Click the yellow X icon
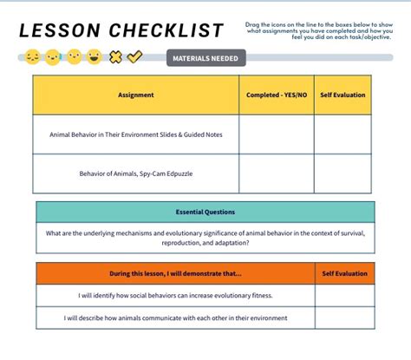click(115, 57)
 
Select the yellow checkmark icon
click(134, 57)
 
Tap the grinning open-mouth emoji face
click(95, 57)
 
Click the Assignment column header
click(136, 95)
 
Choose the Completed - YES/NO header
click(276, 95)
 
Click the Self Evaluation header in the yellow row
click(342, 95)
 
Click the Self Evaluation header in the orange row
click(344, 273)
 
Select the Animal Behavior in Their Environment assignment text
click(136, 134)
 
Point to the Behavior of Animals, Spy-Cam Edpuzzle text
click(136, 173)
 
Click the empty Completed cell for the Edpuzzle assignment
click(276, 173)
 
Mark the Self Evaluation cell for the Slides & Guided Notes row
click(342, 134)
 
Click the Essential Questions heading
click(205, 212)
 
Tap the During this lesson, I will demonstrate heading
click(176, 273)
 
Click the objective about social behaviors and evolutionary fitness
click(176, 295)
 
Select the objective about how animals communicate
click(176, 317)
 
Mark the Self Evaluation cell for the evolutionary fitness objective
click(344, 295)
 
